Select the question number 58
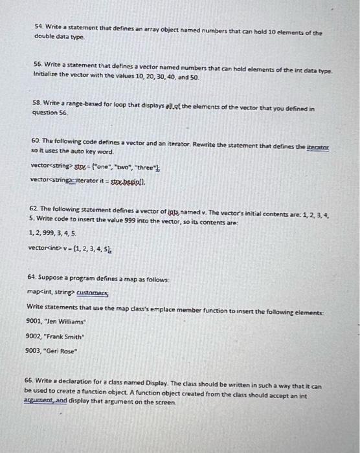click(x=38, y=102)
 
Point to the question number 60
click(x=38, y=140)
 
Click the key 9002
click(x=33, y=335)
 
